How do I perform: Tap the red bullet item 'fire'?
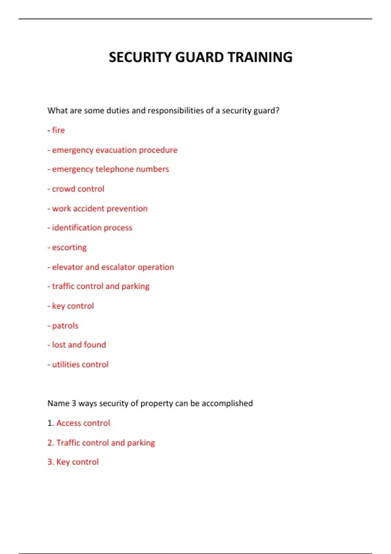pos(58,130)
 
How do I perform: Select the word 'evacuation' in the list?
pos(116,150)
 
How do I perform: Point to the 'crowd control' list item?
pos(78,189)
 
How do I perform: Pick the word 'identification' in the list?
pos(77,227)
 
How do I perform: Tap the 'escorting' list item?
pos(69,247)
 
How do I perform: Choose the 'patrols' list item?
pos(65,326)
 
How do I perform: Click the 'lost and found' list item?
pos(79,345)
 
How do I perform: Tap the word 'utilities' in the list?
pos(65,364)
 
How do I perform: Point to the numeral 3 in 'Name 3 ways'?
pos(74,403)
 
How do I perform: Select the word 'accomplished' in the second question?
pos(227,403)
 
